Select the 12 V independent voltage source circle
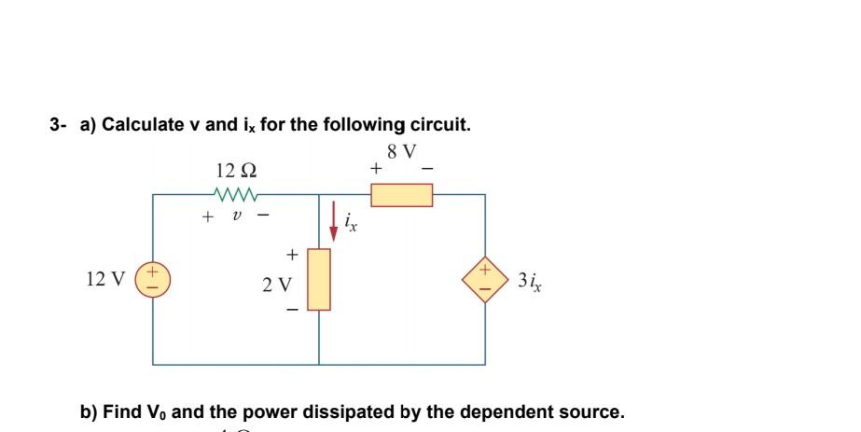(154, 279)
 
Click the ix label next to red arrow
(350, 223)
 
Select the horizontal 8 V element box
(401, 195)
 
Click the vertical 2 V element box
(319, 279)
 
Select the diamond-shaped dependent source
(484, 279)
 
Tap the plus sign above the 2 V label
(291, 253)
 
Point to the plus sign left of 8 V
(375, 170)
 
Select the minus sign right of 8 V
(428, 170)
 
